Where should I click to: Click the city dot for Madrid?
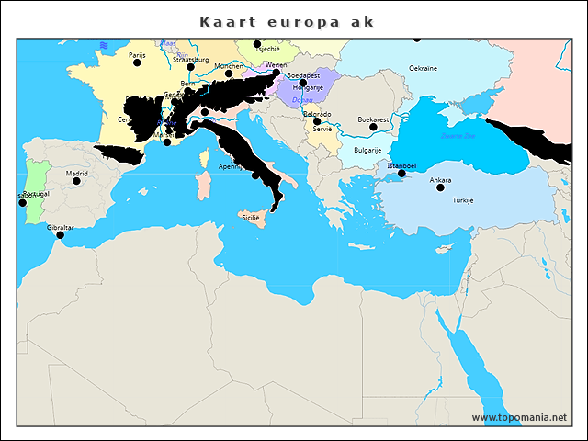click(x=76, y=181)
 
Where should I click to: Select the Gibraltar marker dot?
click(x=61, y=235)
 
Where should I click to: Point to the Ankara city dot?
click(x=440, y=187)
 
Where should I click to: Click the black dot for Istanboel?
click(x=401, y=174)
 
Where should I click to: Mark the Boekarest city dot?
click(x=373, y=128)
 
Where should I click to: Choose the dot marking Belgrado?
click(x=317, y=121)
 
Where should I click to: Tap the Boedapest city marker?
click(x=303, y=83)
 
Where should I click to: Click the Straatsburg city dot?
click(x=190, y=67)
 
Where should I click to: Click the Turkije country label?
click(x=462, y=200)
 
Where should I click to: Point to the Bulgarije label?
click(x=368, y=150)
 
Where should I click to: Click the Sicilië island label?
click(x=251, y=218)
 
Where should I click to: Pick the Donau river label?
click(x=303, y=99)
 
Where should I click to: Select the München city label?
click(x=228, y=66)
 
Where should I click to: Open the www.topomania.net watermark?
click(x=519, y=418)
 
